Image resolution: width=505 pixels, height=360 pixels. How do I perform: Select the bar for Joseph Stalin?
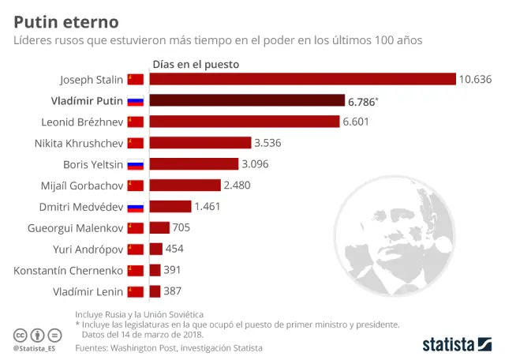(x=302, y=79)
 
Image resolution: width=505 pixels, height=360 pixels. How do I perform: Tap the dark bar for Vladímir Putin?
(x=247, y=100)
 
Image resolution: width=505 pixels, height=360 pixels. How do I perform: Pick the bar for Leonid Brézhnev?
(x=244, y=122)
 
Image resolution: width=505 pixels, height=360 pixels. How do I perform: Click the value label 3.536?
(x=267, y=143)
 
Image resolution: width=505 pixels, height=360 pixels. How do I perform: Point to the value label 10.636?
(x=475, y=79)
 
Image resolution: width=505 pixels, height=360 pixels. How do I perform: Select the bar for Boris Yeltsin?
(x=194, y=164)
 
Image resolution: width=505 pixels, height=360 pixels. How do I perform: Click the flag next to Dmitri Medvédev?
(x=136, y=207)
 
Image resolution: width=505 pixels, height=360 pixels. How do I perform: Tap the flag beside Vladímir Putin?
(x=136, y=100)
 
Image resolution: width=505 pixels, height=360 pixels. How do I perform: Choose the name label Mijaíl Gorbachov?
(x=83, y=186)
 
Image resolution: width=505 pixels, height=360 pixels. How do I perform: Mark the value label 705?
(x=181, y=228)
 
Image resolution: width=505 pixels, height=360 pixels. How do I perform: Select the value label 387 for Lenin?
(x=173, y=291)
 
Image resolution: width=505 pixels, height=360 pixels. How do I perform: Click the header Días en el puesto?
(x=195, y=63)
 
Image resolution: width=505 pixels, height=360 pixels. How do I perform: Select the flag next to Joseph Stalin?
(x=136, y=79)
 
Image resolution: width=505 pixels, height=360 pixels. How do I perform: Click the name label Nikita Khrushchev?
(x=78, y=143)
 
